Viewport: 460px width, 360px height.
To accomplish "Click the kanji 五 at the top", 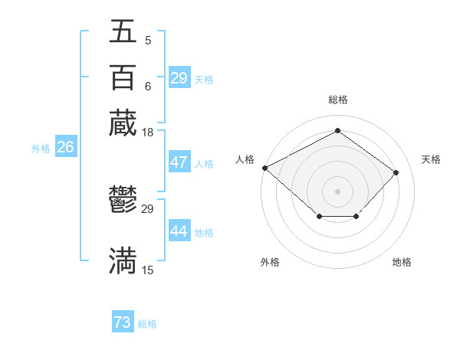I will pyautogui.click(x=123, y=31).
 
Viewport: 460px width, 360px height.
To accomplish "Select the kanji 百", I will pyautogui.click(x=123, y=77).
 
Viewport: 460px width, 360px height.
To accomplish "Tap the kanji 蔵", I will pyautogui.click(x=123, y=123).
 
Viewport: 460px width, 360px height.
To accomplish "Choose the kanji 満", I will pyautogui.click(x=123, y=260).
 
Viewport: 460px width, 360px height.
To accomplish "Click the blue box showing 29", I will pyautogui.click(x=179, y=78).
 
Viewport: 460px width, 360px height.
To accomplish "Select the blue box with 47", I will pyautogui.click(x=179, y=162).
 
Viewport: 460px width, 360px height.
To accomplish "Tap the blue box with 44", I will pyautogui.click(x=179, y=231).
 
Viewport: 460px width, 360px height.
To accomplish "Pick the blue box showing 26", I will pyautogui.click(x=65, y=148).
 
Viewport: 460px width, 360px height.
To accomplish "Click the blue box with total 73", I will pyautogui.click(x=122, y=322).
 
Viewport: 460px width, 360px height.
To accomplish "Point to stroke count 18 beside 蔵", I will pyautogui.click(x=148, y=133).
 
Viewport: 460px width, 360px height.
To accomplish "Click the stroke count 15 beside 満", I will pyautogui.click(x=148, y=270).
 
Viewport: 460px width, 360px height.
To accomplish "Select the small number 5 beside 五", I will pyautogui.click(x=147, y=41).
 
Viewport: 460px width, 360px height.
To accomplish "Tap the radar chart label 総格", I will pyautogui.click(x=337, y=100).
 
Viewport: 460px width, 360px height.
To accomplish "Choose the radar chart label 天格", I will pyautogui.click(x=431, y=159).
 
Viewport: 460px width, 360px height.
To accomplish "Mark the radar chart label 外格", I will pyautogui.click(x=270, y=262).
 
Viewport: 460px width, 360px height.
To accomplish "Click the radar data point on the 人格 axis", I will pyautogui.click(x=264, y=167).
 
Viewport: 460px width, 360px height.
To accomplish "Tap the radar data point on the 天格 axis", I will pyautogui.click(x=396, y=172).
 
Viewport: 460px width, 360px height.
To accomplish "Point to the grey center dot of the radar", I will pyautogui.click(x=337, y=190).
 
